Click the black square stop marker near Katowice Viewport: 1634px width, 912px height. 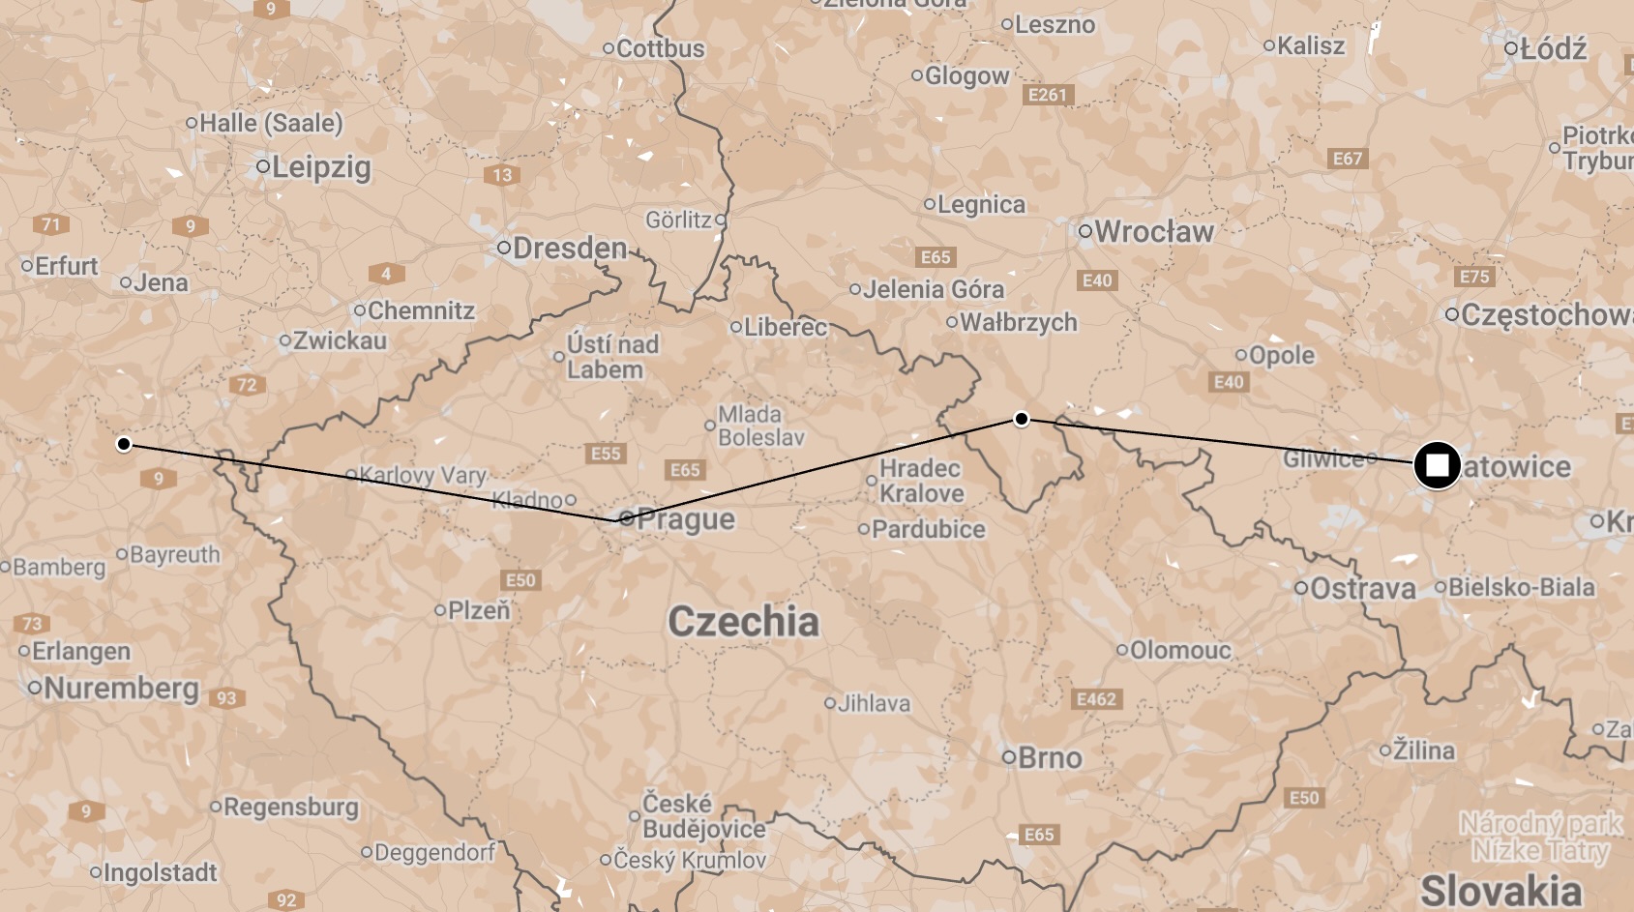[x=1437, y=465]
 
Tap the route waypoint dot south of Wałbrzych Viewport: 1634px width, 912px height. [x=1021, y=419]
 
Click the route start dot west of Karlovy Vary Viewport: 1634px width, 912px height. [x=124, y=444]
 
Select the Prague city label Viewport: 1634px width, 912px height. [x=685, y=519]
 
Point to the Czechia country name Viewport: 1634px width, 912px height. [x=743, y=621]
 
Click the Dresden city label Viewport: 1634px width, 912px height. [x=569, y=248]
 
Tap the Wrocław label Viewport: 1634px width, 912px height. [x=1153, y=231]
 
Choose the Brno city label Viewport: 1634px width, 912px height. [x=1049, y=757]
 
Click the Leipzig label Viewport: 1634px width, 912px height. [x=320, y=166]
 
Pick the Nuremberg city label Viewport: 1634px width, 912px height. [x=120, y=688]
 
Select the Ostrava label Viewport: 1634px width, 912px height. [x=1362, y=588]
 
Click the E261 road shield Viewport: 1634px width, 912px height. [x=1047, y=95]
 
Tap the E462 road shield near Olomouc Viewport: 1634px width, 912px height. [x=1096, y=699]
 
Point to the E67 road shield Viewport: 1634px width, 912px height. [x=1347, y=159]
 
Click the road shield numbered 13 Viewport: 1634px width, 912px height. [x=502, y=175]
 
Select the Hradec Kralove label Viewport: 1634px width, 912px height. [x=921, y=481]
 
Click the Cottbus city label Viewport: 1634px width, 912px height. [x=660, y=48]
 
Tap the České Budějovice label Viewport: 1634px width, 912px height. [x=703, y=816]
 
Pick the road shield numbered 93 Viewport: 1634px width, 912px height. [x=226, y=698]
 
